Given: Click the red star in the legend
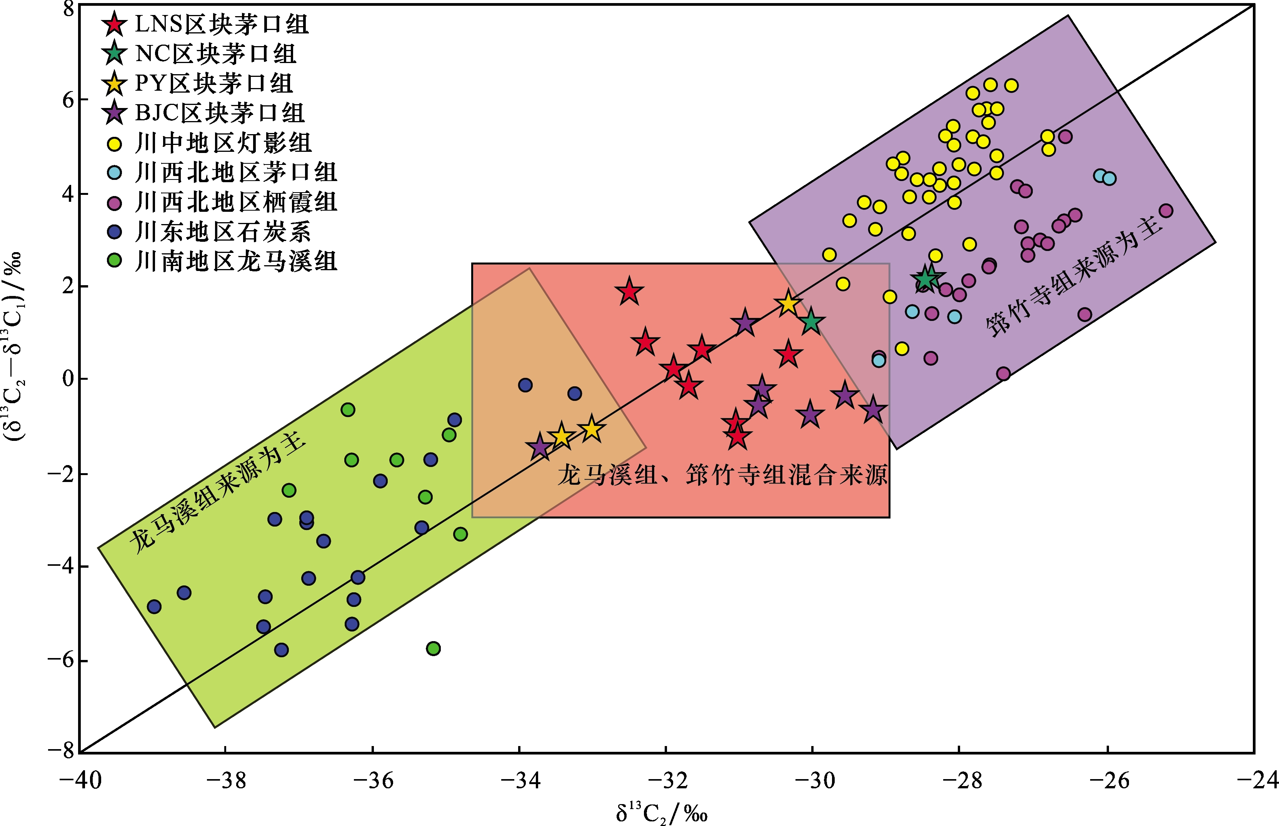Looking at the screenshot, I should [x=114, y=24].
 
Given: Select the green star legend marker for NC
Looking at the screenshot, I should [x=114, y=53].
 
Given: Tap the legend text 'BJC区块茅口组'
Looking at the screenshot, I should [x=220, y=113].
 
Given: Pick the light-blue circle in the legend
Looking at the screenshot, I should [x=114, y=173].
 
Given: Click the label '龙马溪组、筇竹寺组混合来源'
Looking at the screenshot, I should [x=722, y=475].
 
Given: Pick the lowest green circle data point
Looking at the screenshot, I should [x=433, y=648].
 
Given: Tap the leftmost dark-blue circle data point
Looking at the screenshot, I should [x=154, y=607].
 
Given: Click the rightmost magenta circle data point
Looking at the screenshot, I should [x=1166, y=211].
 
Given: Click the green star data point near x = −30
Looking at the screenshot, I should [x=810, y=322].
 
